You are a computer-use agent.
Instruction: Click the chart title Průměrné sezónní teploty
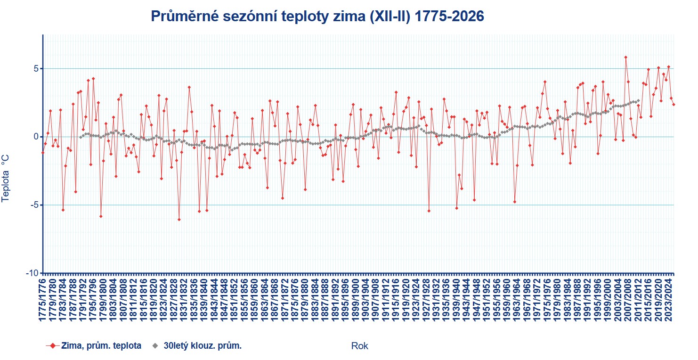click(x=317, y=16)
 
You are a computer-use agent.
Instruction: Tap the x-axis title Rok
click(x=360, y=346)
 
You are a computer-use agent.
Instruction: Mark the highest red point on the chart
click(x=625, y=57)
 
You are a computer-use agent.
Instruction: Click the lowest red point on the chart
click(x=179, y=220)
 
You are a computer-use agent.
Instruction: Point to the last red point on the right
click(x=674, y=105)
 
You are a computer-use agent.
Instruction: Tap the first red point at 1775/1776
click(x=43, y=153)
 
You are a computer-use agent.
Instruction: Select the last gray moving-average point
click(x=638, y=100)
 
